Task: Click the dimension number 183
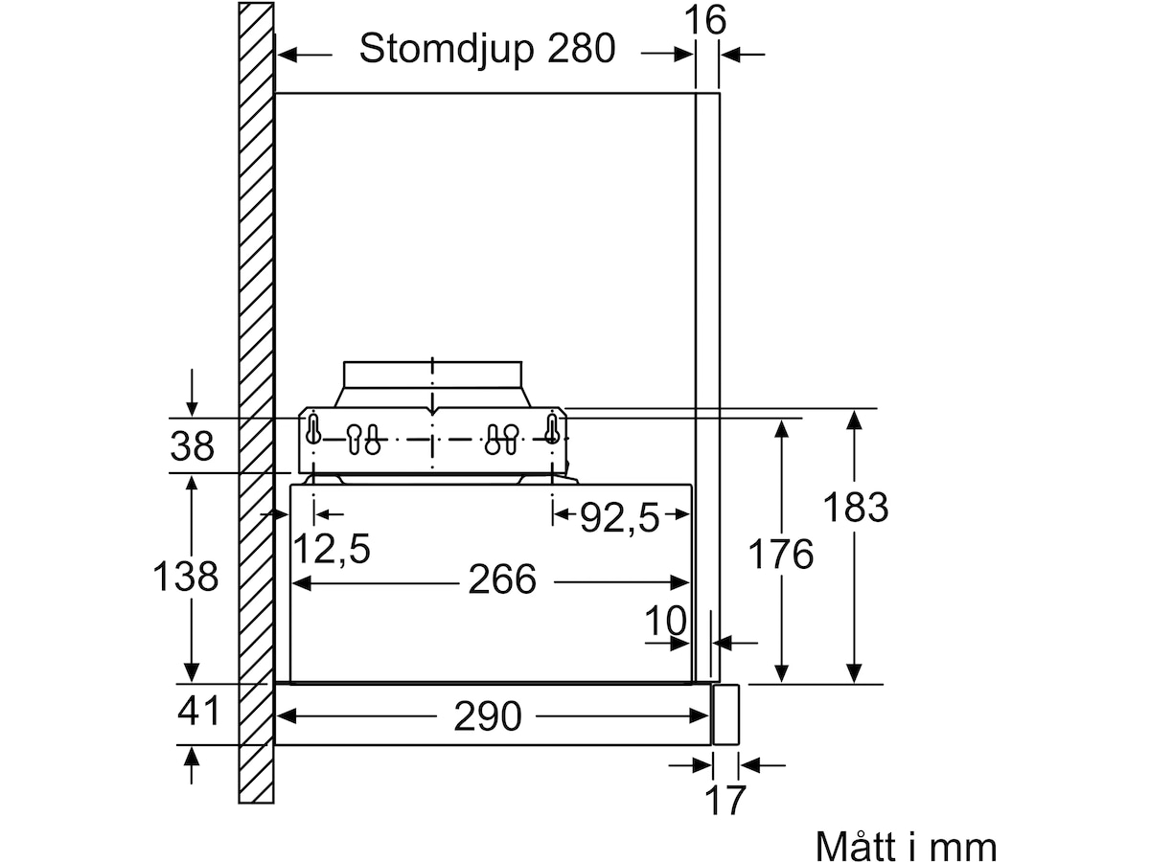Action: coord(856,508)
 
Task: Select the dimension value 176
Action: coord(781,554)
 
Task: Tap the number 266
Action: coord(502,579)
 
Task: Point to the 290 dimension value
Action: coord(487,716)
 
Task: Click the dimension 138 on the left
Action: coord(185,577)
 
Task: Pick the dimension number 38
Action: coord(192,446)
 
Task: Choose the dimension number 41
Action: coord(198,711)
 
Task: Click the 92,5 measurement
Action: coord(619,517)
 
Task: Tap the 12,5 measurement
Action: coord(332,549)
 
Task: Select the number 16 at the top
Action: coord(705,20)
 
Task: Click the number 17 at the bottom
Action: coord(725,801)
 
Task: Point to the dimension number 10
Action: coord(664,621)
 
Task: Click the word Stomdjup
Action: coord(447,50)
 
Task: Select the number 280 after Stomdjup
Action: coord(581,48)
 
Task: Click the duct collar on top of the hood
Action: coord(433,384)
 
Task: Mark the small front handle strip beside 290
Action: coord(725,715)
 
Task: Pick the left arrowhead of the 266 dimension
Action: coord(301,582)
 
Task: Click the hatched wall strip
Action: coord(256,403)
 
